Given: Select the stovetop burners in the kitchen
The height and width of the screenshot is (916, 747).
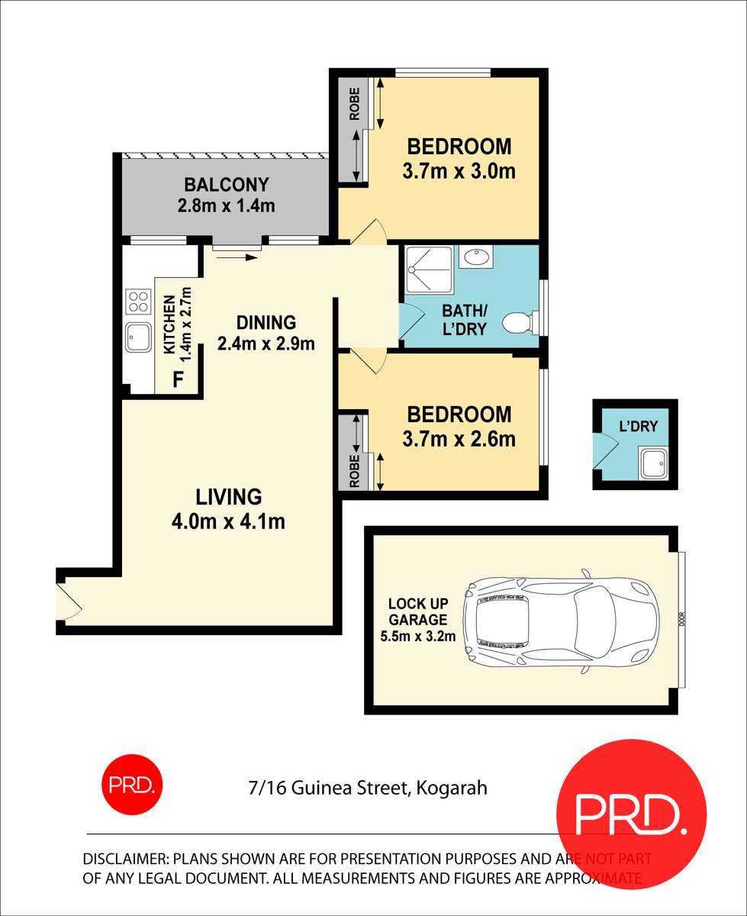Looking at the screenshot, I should click(x=138, y=302).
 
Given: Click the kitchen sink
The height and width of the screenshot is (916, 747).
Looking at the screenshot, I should click(x=138, y=337).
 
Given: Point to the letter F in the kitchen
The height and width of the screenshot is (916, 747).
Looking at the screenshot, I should click(x=178, y=379).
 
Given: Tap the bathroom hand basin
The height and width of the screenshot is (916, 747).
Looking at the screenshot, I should click(x=478, y=257).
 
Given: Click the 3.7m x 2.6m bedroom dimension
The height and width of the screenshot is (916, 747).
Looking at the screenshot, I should click(x=459, y=439).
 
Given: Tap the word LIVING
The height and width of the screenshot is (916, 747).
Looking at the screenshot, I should click(x=229, y=497).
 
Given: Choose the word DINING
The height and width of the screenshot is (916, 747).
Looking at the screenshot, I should click(x=266, y=323).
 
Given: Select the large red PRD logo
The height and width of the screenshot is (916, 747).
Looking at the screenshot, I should click(x=632, y=814).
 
